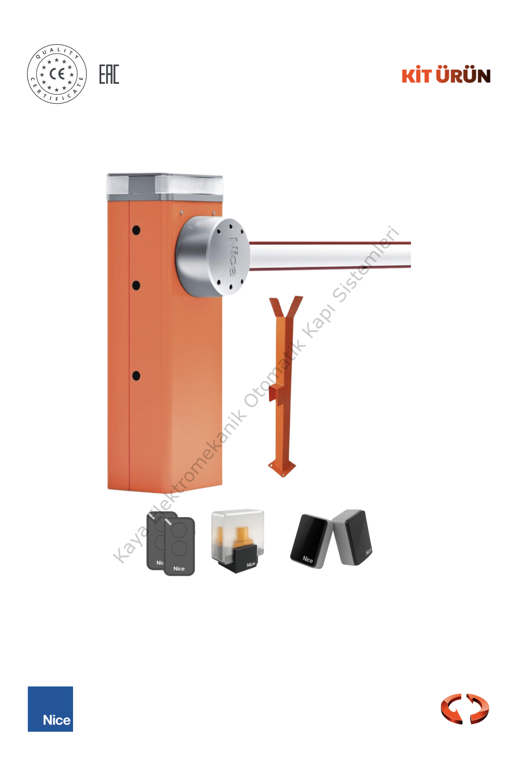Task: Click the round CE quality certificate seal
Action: [x=57, y=74]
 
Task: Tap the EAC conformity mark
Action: [x=109, y=74]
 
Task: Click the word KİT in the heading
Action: [x=417, y=75]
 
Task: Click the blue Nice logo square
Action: [x=50, y=709]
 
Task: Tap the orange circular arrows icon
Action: [x=465, y=709]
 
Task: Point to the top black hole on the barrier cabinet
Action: [x=136, y=230]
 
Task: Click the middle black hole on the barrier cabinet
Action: [x=136, y=286]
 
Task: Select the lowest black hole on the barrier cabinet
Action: [x=136, y=376]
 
